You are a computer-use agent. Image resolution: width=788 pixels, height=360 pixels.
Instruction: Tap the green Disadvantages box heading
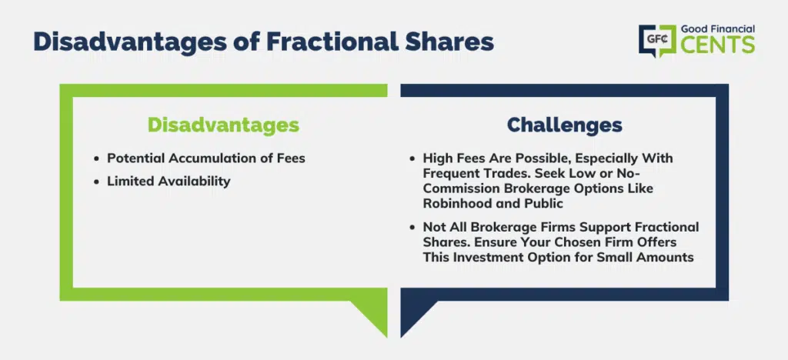tap(223, 125)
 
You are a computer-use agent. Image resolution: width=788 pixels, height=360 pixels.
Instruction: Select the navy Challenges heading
tap(564, 125)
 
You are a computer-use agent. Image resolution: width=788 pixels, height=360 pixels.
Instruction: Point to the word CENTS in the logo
tap(718, 45)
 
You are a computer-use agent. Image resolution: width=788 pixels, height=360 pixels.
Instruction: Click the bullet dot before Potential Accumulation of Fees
tap(96, 158)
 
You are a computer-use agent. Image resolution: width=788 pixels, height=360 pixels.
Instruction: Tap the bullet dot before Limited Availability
tap(96, 182)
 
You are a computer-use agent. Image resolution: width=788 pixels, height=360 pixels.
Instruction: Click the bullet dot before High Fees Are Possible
tap(412, 158)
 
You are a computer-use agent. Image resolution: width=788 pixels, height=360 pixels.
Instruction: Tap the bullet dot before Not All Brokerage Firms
tap(412, 228)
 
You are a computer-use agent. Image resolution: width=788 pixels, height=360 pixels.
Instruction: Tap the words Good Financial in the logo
tap(718, 30)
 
